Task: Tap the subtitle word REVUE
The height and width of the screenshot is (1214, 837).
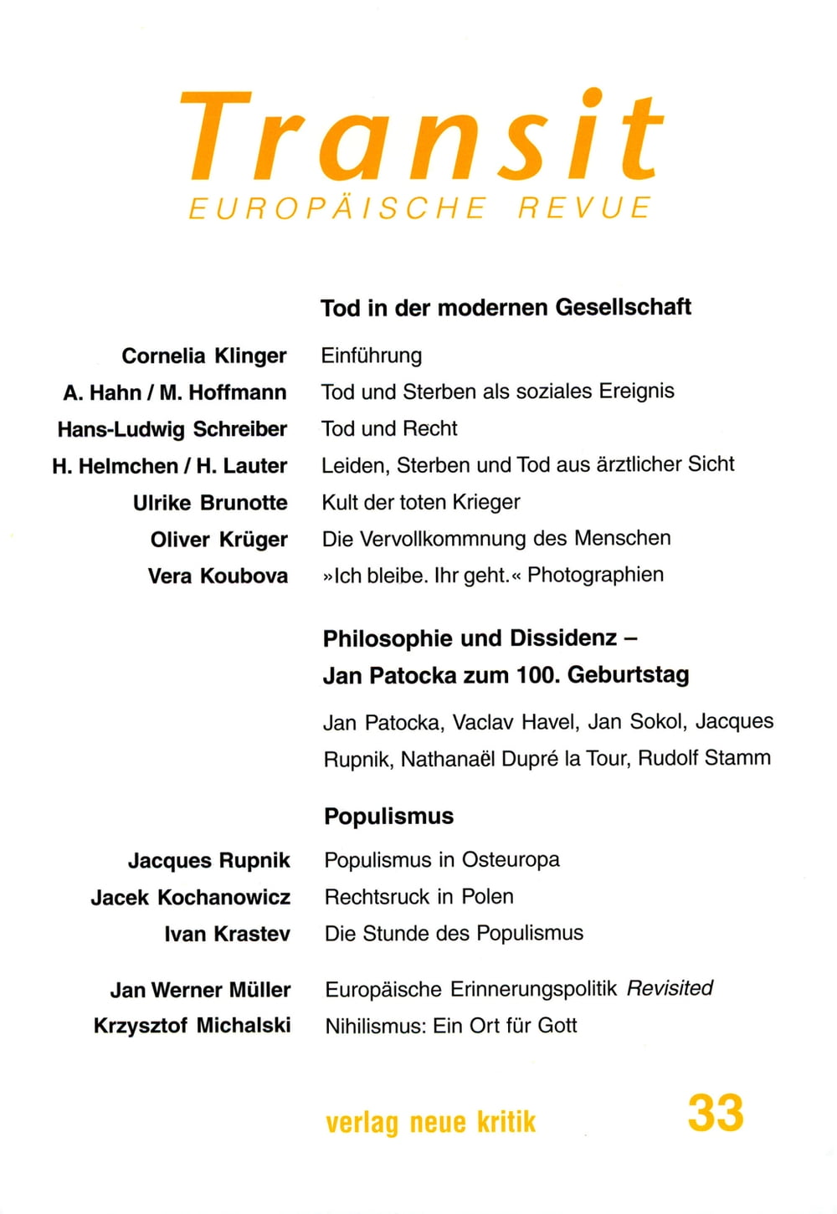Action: pyautogui.click(x=584, y=207)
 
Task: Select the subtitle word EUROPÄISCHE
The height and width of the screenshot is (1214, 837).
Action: pyautogui.click(x=337, y=207)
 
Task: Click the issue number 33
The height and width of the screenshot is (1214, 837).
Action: pyautogui.click(x=716, y=1114)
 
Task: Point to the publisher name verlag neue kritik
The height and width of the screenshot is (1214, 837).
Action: pyautogui.click(x=430, y=1122)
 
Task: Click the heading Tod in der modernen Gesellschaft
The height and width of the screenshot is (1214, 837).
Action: pyautogui.click(x=506, y=307)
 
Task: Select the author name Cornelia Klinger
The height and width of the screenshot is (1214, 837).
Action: pyautogui.click(x=204, y=356)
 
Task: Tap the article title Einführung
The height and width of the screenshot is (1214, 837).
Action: pyautogui.click(x=371, y=356)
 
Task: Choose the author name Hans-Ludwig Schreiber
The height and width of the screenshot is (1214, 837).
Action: pyautogui.click(x=172, y=429)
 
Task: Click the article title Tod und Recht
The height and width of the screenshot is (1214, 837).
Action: pyautogui.click(x=389, y=428)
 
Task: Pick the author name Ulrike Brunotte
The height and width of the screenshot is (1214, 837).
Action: pyautogui.click(x=210, y=503)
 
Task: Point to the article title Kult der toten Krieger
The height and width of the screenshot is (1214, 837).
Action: pyautogui.click(x=421, y=502)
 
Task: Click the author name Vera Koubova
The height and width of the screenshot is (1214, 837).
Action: pyautogui.click(x=218, y=576)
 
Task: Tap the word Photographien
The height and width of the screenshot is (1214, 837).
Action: pyautogui.click(x=595, y=575)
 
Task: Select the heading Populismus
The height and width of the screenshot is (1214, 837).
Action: pyautogui.click(x=388, y=816)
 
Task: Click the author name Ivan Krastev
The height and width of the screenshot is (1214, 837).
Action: pyautogui.click(x=227, y=934)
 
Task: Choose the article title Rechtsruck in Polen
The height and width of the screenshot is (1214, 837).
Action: pyautogui.click(x=418, y=896)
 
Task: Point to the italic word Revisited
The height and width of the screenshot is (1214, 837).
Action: pyautogui.click(x=670, y=988)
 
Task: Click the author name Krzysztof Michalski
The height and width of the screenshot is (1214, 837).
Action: pyautogui.click(x=192, y=1026)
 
